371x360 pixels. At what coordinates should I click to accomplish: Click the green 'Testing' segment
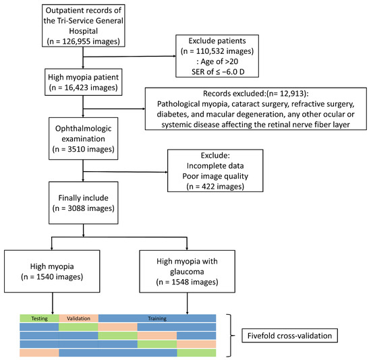[39, 318]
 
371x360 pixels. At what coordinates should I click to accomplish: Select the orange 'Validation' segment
[78, 318]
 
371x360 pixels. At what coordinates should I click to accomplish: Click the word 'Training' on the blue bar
[156, 318]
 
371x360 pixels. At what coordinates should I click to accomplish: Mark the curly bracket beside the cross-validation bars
[229, 335]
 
